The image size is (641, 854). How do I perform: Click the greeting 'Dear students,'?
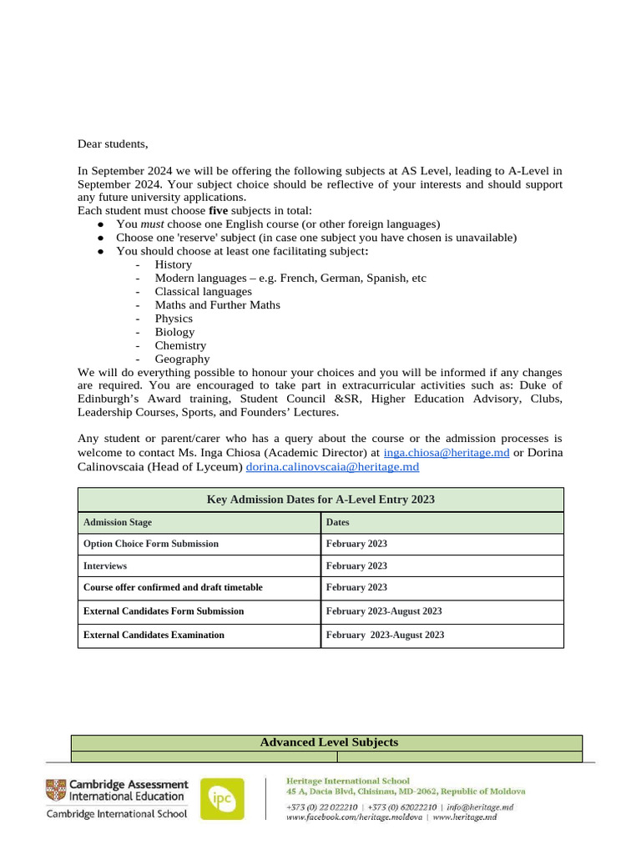point(113,144)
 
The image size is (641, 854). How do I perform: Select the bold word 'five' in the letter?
point(218,211)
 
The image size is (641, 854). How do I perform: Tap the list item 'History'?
point(173,264)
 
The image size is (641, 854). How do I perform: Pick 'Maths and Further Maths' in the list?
point(217,304)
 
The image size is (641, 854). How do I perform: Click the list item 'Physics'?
point(174,319)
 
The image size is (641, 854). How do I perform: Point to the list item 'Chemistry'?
point(180,345)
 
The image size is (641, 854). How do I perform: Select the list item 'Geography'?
point(182,359)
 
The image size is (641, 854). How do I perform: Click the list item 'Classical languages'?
point(203,291)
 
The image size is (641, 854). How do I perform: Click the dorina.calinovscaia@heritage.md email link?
point(332,467)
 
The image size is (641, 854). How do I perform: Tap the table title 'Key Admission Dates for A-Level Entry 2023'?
point(320,500)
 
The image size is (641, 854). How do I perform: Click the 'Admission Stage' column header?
point(118,522)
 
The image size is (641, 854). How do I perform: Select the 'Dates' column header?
point(338,522)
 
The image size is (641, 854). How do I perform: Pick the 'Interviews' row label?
point(105,565)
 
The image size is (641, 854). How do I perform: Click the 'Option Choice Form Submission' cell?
point(151,544)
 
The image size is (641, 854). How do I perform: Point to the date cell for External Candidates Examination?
point(385,635)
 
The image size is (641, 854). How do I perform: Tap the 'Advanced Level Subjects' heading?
point(329,742)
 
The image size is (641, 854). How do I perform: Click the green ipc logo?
point(222,799)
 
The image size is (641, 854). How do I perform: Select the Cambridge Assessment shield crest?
point(56,790)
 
